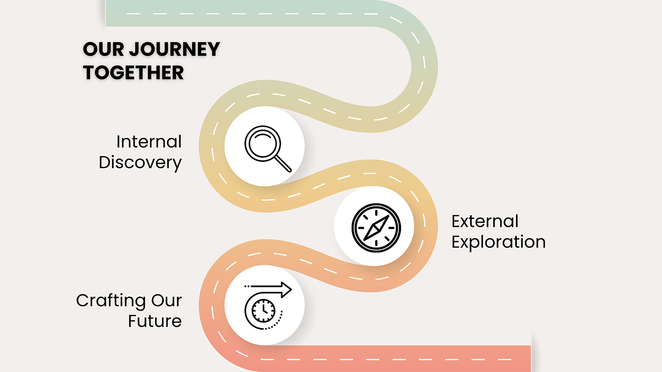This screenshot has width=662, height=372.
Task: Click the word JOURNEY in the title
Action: (174, 50)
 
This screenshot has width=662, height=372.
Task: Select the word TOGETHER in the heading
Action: (133, 73)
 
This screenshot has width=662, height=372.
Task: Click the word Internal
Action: (149, 142)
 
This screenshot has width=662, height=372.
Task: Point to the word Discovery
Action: (140, 163)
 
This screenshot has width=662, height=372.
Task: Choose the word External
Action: (485, 221)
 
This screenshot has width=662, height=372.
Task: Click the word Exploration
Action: (498, 242)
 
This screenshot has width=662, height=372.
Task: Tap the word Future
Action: (155, 321)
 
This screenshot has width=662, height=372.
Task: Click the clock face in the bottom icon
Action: (264, 310)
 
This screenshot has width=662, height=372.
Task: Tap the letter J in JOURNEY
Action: (136, 50)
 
